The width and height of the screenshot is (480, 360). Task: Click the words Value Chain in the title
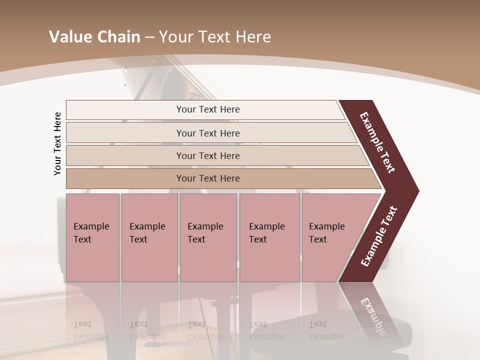coord(94,37)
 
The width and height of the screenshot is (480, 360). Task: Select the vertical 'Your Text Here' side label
coord(57,143)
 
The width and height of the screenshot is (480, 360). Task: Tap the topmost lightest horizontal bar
coord(207,109)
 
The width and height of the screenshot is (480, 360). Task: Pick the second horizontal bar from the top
coord(207,133)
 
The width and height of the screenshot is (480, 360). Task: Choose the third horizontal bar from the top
coord(207,155)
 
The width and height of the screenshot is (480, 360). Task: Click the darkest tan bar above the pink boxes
coord(207,178)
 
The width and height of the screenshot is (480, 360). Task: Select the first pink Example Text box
coord(92,237)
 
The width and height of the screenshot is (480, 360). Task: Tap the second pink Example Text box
coord(149,237)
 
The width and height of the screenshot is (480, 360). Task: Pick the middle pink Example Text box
coord(208,237)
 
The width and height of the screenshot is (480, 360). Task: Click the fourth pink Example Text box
coord(269,237)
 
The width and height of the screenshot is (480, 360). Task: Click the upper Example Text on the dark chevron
coord(377,142)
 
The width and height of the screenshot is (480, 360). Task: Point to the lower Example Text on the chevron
coord(379,236)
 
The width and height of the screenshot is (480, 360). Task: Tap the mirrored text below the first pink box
coord(91,330)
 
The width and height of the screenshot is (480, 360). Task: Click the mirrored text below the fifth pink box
coord(326,330)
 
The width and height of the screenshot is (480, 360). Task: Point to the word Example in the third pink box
coord(205,226)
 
